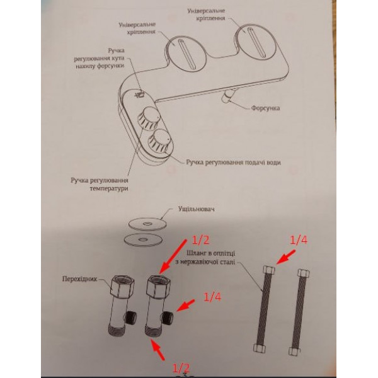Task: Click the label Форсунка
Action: coord(265,108)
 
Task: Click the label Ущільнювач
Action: coord(196,209)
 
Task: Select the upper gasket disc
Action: coord(148,224)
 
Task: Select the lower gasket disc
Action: coord(143,239)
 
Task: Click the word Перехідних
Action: coord(79,279)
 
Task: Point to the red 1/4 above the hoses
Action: coord(299,240)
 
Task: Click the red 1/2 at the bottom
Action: coord(181,369)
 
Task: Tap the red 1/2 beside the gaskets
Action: coord(200,240)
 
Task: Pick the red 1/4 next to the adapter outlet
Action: coord(212,297)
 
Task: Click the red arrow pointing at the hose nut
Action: coord(285,257)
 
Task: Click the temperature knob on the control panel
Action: coord(147,118)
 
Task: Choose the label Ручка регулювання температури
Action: coord(100,185)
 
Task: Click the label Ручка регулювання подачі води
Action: coord(233,163)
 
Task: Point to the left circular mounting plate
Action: coord(186,54)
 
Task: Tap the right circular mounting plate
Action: coord(256,43)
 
